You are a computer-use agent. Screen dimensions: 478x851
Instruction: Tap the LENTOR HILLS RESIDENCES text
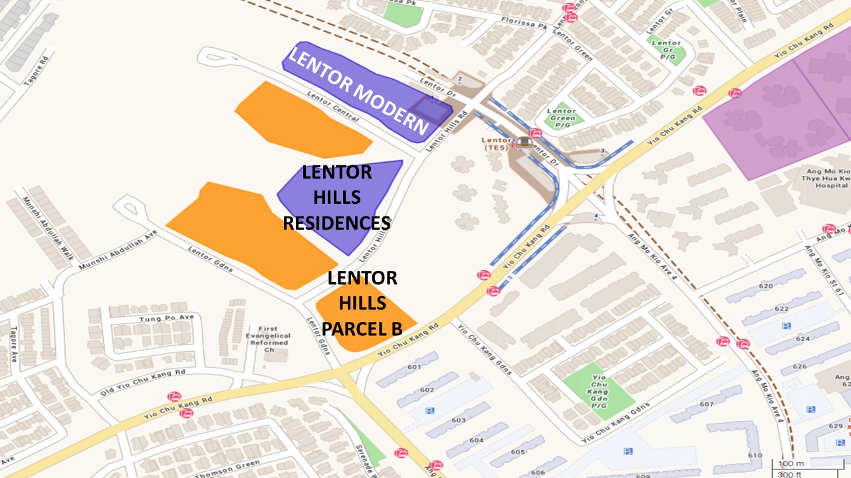pos(336,197)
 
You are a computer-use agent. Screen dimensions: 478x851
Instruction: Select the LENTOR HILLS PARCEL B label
pos(362,303)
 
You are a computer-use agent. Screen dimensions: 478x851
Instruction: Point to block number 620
pos(766,286)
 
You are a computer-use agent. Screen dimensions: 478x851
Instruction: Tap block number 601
pos(414,367)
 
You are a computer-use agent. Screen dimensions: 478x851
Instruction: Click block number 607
pos(706,404)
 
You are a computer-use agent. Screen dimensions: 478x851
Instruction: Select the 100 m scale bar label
pos(787,463)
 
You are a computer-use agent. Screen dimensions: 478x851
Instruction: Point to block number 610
pos(755,455)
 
